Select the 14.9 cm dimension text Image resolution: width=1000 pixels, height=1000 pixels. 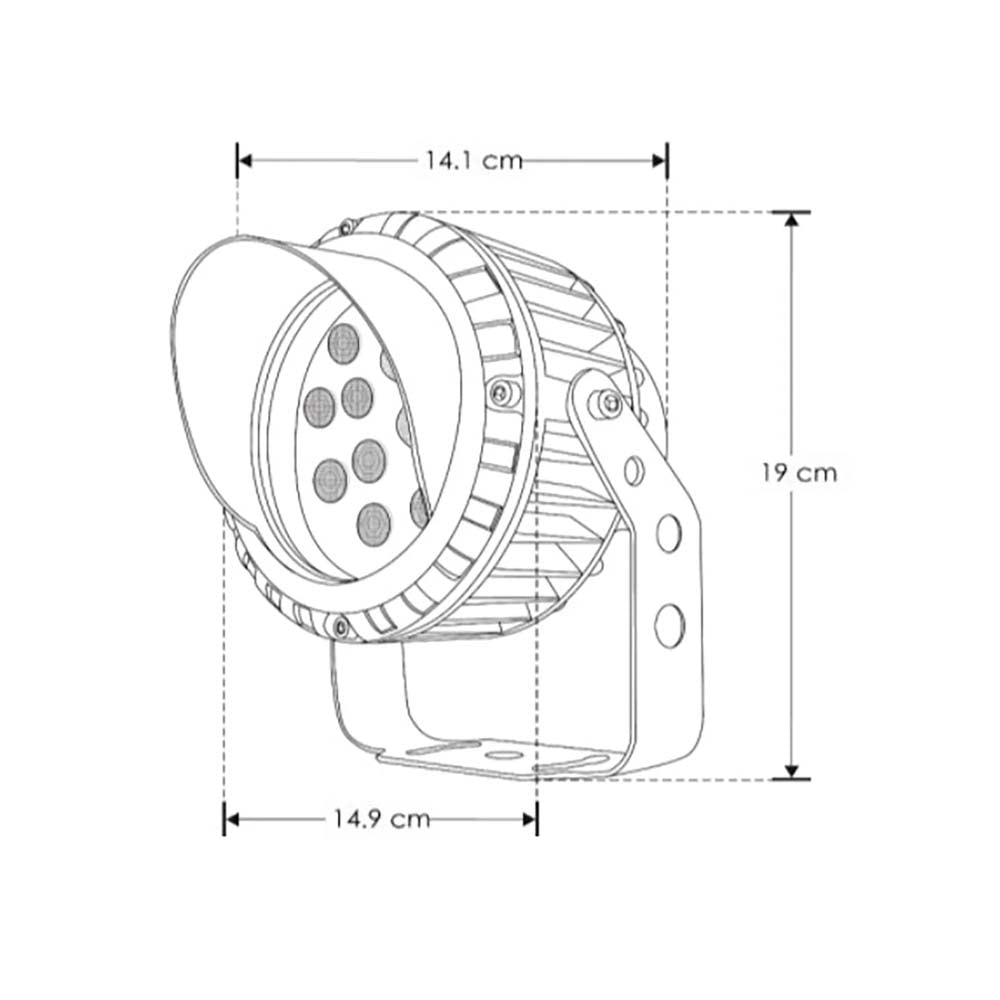point(380,819)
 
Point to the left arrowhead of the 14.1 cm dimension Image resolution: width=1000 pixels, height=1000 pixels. point(244,159)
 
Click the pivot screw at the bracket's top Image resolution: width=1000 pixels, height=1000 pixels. point(606,403)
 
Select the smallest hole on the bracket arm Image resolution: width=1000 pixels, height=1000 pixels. point(634,468)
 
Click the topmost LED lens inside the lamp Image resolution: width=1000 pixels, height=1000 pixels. point(344,343)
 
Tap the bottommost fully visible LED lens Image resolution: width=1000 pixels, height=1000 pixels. point(373,523)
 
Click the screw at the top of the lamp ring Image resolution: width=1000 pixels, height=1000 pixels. point(346,226)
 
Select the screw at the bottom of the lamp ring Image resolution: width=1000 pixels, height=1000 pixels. point(341,627)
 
